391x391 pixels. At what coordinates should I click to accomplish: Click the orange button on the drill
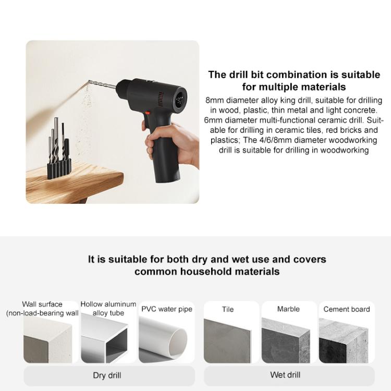pos(148,113)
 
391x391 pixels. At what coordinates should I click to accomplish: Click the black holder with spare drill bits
pos(59,169)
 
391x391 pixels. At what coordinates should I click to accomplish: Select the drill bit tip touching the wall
pos(89,81)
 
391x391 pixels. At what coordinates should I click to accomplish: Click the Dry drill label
pos(107,375)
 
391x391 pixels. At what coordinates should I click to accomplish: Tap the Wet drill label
pos(285,375)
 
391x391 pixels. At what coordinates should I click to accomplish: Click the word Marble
pos(288,309)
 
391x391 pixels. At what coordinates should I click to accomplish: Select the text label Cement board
pos(346,309)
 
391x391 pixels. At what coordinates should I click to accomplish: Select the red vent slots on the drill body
pos(161,99)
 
